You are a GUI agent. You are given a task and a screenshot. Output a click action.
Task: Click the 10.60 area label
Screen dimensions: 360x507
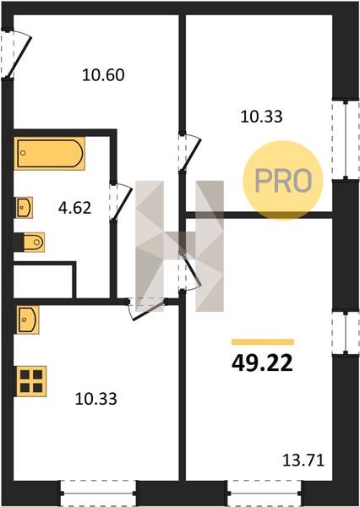[103, 75]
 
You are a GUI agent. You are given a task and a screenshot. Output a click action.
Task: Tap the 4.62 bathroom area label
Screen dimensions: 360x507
[74, 208]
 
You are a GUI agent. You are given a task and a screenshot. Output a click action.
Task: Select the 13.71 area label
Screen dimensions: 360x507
[303, 461]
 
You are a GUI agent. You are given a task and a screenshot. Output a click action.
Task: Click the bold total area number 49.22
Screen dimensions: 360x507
[262, 363]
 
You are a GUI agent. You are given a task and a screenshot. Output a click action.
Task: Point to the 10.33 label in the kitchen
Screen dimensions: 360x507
[95, 399]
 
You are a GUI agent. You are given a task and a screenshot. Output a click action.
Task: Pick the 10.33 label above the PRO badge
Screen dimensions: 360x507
[261, 117]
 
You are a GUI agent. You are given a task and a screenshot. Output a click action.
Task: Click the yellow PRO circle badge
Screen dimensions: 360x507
[283, 181]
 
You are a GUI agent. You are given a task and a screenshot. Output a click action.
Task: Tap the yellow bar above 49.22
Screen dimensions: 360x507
[263, 341]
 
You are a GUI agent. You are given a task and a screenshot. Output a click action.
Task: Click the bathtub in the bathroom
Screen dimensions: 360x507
[50, 153]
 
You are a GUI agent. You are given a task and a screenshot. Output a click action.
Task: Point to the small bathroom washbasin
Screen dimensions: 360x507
[25, 207]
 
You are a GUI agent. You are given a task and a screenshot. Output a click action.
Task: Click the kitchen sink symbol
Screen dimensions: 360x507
[28, 319]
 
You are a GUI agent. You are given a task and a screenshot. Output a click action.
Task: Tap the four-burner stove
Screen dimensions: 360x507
[31, 381]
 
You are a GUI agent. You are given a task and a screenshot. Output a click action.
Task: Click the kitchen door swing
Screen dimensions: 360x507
[148, 308]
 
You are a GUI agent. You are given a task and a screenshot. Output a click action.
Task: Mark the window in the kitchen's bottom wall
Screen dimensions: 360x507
[98, 493]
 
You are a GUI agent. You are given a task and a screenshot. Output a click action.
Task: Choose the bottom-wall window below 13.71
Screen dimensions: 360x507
[265, 493]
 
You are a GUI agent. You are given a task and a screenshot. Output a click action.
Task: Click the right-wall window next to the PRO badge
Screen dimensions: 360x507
[346, 139]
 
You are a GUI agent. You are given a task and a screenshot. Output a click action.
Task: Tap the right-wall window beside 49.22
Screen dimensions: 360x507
[346, 333]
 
